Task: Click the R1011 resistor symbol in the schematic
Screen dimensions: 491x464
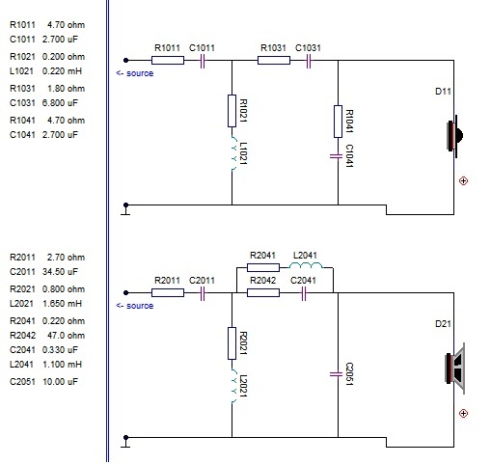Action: [x=168, y=60]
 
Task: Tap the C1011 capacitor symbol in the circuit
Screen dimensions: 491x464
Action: [x=203, y=61]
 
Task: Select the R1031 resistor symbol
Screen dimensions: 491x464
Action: [x=274, y=60]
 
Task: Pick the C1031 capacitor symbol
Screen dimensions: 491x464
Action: [x=309, y=61]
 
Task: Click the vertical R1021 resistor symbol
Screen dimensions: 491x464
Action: [x=232, y=111]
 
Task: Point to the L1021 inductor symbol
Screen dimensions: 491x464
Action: [x=233, y=153]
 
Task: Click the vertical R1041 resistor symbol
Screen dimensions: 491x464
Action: [x=338, y=122]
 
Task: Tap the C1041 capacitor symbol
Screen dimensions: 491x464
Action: [x=337, y=156]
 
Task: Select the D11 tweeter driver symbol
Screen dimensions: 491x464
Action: [x=454, y=136]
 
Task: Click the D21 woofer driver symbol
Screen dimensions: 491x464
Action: [x=454, y=368]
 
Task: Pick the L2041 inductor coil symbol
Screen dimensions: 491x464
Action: [x=306, y=265]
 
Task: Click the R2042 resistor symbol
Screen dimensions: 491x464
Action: [x=263, y=292]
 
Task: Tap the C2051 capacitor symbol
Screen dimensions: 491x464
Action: [x=337, y=374]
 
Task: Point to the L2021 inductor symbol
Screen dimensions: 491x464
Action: [x=233, y=386]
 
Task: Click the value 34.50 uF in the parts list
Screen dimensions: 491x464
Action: [x=60, y=272]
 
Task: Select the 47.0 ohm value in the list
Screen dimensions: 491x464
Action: [x=66, y=336]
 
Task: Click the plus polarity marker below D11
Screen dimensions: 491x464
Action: [x=463, y=181]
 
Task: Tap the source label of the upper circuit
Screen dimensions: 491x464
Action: [x=135, y=73]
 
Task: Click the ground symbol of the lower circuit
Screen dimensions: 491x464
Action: [x=125, y=441]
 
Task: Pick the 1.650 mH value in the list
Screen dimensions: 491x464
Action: [x=62, y=304]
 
